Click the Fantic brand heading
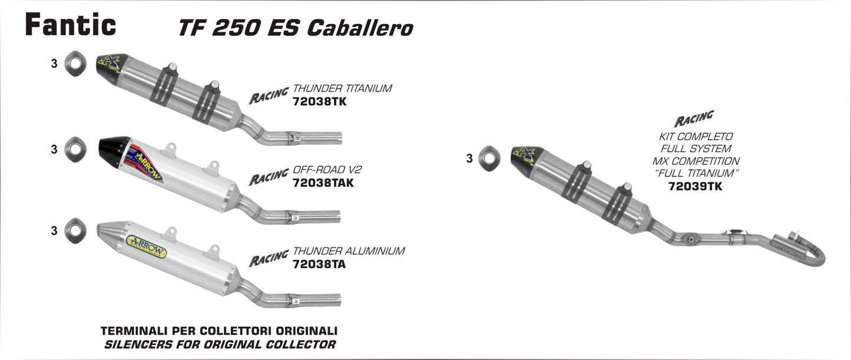click(70, 25)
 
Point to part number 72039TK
click(695, 186)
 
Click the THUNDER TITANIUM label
click(342, 89)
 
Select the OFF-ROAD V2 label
click(327, 170)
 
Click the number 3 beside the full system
click(469, 158)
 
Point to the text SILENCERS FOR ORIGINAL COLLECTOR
click(219, 344)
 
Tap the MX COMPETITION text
click(695, 161)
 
